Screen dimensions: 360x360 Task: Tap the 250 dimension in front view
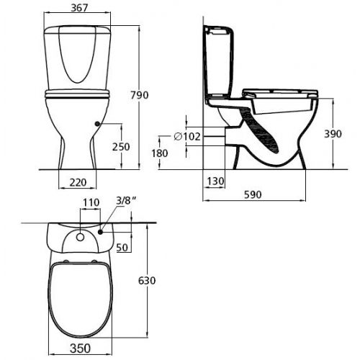[x=122, y=147]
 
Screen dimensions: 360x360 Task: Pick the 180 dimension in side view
[x=160, y=153]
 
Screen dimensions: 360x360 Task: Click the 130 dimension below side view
[x=214, y=180]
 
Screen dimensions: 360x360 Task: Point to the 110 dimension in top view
[x=89, y=204]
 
